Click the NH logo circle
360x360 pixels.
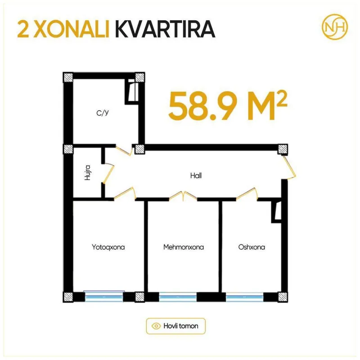pos(335,27)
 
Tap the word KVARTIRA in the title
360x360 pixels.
pos(165,29)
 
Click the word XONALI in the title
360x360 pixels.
pos(72,29)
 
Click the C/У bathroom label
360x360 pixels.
pos(103,113)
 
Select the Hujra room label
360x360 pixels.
pos(87,172)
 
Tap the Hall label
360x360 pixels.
pos(196,175)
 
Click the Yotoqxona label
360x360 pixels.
pos(108,247)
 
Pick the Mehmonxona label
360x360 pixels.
pos(184,247)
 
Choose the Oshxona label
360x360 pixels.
pos(252,247)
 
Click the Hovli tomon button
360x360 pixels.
pos(175,326)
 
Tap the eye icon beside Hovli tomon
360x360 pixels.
pos(156,326)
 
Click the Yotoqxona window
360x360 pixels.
pos(104,297)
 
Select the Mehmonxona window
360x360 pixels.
pos(178,297)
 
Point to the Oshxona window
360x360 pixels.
pos(244,297)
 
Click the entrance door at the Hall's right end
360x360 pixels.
pos(289,166)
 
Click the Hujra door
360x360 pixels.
pos(108,173)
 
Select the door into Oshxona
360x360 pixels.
pos(247,194)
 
